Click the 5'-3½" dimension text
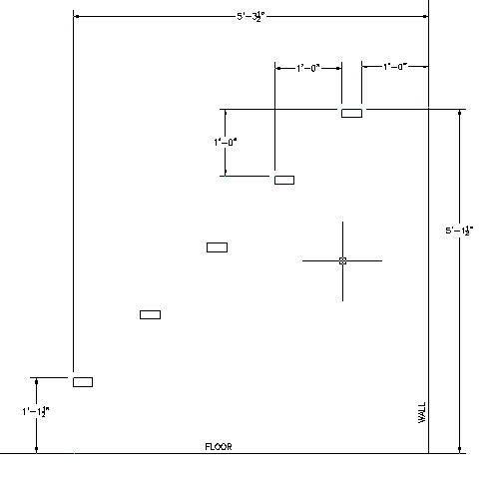251,16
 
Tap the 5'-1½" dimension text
459,231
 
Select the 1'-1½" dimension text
36,412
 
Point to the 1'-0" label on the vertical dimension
226,142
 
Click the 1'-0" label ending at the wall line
395,67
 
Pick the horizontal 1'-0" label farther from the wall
308,68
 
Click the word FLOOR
219,446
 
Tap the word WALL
421,412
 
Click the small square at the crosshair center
342,260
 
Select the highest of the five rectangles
351,113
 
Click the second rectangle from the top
284,180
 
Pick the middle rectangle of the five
217,247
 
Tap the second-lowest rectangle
150,314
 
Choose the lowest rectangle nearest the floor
83,382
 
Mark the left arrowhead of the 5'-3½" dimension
76,16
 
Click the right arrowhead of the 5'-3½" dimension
425,16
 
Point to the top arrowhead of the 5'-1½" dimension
460,113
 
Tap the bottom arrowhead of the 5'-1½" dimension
460,450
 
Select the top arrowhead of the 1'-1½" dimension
36,381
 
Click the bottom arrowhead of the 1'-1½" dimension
36,450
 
